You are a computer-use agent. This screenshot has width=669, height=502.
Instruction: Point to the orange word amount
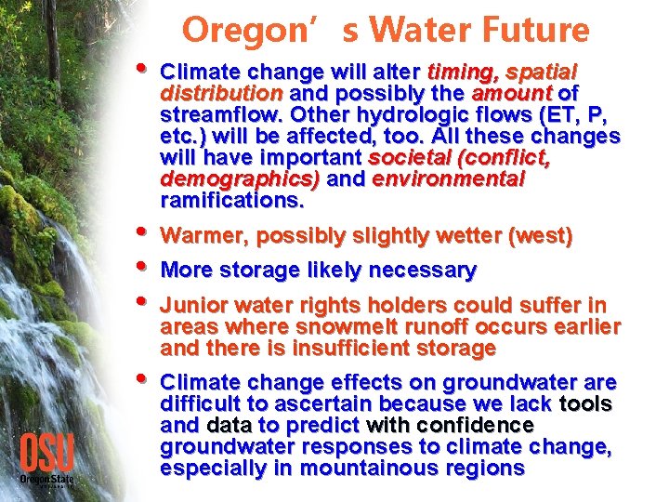(x=512, y=94)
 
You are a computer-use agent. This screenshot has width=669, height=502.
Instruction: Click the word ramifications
(x=231, y=201)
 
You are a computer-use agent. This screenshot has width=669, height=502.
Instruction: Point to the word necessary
(x=423, y=271)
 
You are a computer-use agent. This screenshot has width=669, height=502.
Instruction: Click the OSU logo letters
(x=46, y=453)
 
